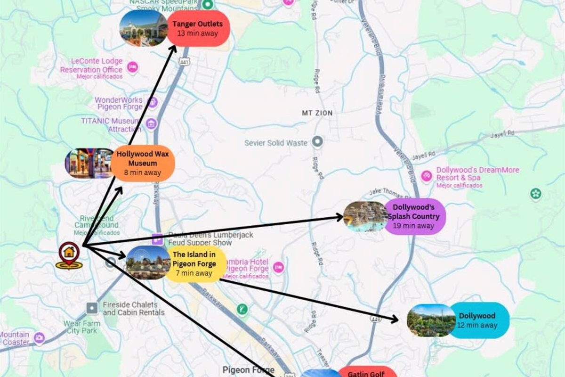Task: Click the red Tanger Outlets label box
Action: pyautogui.click(x=198, y=28)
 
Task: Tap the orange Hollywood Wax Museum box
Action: pyautogui.click(x=143, y=163)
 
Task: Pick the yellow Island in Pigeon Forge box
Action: pyautogui.click(x=194, y=264)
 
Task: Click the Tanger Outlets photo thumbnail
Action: pyautogui.click(x=144, y=28)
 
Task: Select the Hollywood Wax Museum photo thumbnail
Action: pyautogui.click(x=89, y=164)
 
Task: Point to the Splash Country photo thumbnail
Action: pyautogui.click(x=366, y=216)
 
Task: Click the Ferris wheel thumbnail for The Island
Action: pyautogui.click(x=148, y=262)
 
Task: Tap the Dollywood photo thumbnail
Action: pyautogui.click(x=431, y=320)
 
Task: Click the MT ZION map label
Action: pyautogui.click(x=317, y=113)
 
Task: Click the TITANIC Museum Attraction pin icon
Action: pyautogui.click(x=151, y=124)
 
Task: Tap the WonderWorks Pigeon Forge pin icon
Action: pyautogui.click(x=153, y=102)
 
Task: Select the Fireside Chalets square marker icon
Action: pyautogui.click(x=92, y=308)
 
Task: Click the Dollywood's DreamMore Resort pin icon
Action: pyautogui.click(x=426, y=176)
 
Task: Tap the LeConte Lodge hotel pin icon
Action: pyautogui.click(x=133, y=67)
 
